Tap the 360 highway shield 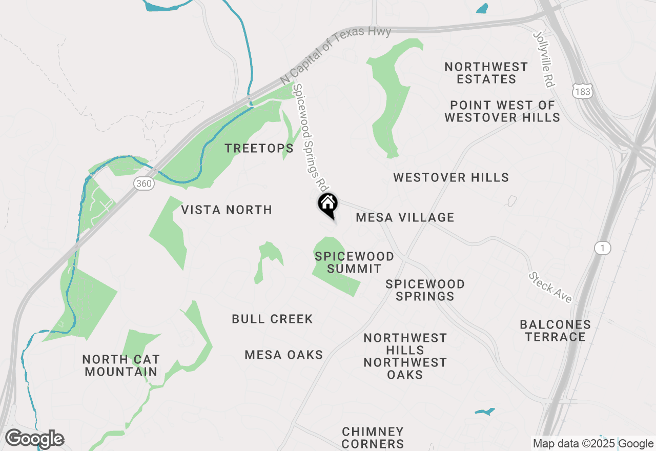pyautogui.click(x=145, y=183)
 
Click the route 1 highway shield pyautogui.click(x=603, y=248)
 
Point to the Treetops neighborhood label pyautogui.click(x=259, y=149)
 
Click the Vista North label pyautogui.click(x=227, y=210)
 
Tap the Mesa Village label pyautogui.click(x=405, y=218)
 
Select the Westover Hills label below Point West pyautogui.click(x=451, y=178)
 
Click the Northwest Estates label pyautogui.click(x=486, y=73)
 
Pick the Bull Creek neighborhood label pyautogui.click(x=272, y=319)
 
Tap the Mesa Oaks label pyautogui.click(x=284, y=355)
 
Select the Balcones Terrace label pyautogui.click(x=555, y=331)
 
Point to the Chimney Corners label pyautogui.click(x=373, y=438)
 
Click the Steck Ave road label pyautogui.click(x=550, y=288)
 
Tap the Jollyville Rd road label pyautogui.click(x=544, y=59)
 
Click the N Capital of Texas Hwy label pyautogui.click(x=336, y=55)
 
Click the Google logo pyautogui.click(x=34, y=439)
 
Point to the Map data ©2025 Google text pyautogui.click(x=593, y=444)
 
